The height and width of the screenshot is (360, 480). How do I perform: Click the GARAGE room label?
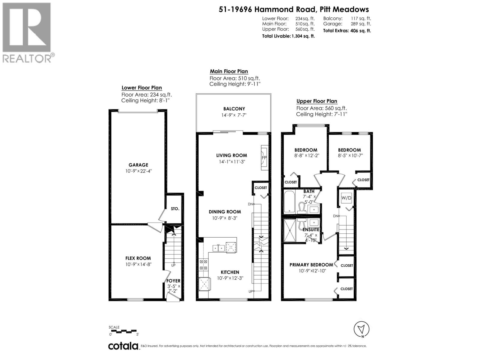coord(138,165)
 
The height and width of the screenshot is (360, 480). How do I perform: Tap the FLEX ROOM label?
coord(138,258)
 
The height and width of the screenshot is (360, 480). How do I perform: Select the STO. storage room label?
coord(175,208)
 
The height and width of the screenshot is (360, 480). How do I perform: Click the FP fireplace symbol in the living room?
coord(264,158)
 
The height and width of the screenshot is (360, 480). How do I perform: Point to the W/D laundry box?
coord(346,198)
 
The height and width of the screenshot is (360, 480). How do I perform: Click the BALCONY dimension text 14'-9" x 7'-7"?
coord(234,115)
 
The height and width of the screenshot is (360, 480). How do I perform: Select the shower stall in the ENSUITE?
coord(290,230)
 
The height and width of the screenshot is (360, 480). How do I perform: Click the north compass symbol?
coord(361,329)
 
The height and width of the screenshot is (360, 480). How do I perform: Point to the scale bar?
coord(124,331)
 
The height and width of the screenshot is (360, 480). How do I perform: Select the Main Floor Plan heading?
coord(229,71)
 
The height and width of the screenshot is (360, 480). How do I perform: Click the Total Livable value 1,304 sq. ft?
coord(303,36)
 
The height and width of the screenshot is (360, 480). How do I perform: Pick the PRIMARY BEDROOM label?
coord(311,265)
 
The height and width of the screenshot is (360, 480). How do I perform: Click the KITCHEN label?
coord(230,272)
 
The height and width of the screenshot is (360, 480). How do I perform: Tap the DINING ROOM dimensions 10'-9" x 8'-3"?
coord(225,218)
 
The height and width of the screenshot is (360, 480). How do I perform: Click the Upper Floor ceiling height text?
coord(321,114)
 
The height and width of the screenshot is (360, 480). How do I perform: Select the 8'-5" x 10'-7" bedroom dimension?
coord(349,156)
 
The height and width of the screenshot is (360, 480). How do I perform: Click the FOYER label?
coord(173,281)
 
